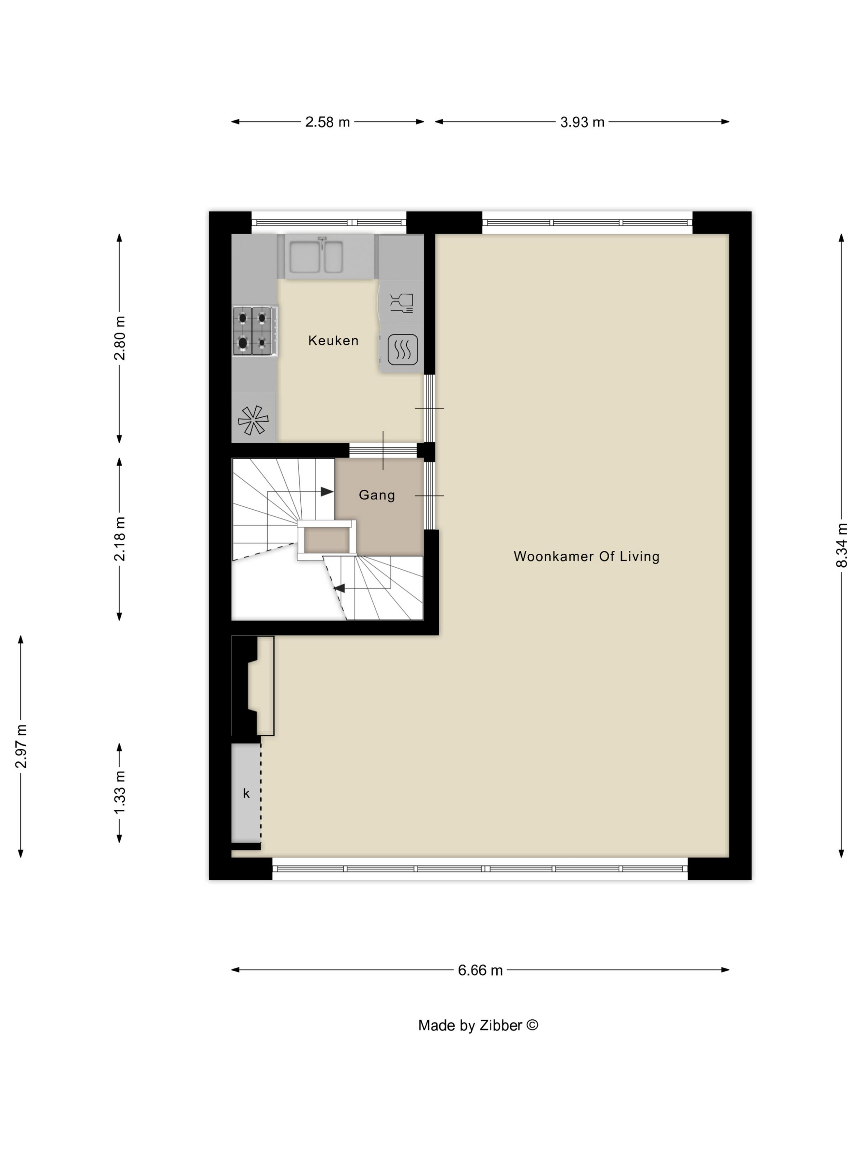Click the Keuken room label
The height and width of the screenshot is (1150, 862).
[333, 340]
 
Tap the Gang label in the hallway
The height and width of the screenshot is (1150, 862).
[377, 495]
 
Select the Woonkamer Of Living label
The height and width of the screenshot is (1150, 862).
[586, 556]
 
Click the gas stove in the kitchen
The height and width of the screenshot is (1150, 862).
[254, 331]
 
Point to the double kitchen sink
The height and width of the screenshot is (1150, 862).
[316, 256]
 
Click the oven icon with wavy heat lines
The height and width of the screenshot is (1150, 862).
[403, 348]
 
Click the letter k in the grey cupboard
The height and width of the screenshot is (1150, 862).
[246, 793]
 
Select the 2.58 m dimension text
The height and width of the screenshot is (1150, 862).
[327, 122]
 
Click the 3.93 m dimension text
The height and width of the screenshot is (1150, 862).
[582, 122]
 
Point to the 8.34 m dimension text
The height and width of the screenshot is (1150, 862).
[842, 545]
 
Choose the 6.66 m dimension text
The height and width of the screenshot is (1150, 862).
[480, 971]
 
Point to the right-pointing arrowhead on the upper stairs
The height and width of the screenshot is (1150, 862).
[327, 491]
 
